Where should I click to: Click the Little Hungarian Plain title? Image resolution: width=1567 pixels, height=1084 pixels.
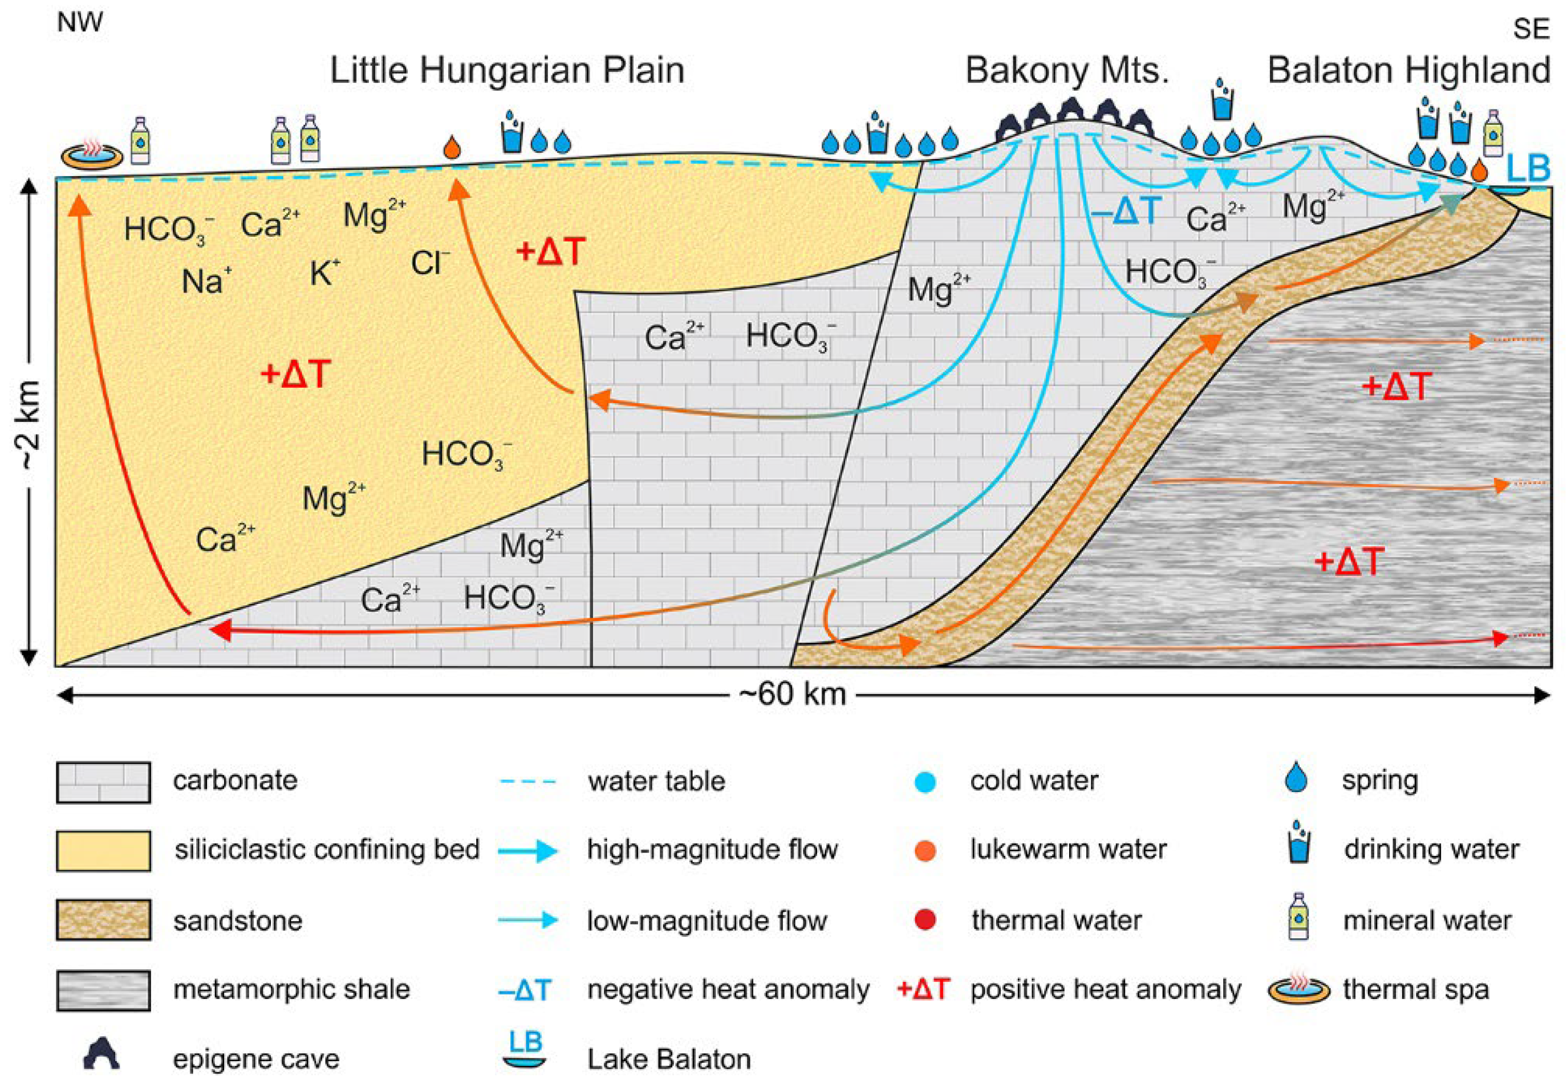(507, 71)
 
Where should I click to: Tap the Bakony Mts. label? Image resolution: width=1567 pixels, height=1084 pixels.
(1066, 71)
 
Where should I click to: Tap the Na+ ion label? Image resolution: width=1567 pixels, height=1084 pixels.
(206, 281)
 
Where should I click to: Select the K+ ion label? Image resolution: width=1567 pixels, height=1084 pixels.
(324, 273)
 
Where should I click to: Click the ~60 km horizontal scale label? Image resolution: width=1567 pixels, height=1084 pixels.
(792, 695)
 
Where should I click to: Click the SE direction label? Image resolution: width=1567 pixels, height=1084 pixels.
(1531, 29)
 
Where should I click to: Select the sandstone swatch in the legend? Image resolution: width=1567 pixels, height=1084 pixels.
(103, 920)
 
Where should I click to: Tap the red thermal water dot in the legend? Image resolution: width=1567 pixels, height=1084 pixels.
(925, 920)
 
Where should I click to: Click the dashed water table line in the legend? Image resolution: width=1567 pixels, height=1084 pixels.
(528, 781)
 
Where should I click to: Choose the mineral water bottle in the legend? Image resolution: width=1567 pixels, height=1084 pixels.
(1298, 916)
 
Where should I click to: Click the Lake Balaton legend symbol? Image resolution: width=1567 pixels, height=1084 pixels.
(526, 1049)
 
